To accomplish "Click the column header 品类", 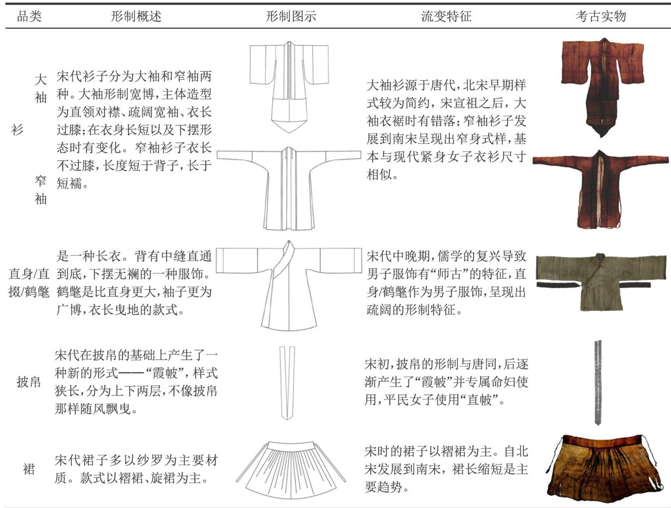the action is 29,16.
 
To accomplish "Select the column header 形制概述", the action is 136,16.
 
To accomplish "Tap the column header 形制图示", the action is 291,16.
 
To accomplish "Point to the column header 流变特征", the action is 446,16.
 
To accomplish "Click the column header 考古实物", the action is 601,16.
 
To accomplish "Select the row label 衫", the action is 17,129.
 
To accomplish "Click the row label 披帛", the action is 29,382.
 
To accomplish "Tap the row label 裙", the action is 29,469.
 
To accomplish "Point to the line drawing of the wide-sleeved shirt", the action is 289,87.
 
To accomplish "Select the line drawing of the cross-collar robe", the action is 289,285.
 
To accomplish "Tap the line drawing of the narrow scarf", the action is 287,383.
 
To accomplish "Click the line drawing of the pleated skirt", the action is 291,470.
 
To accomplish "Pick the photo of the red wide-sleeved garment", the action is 602,88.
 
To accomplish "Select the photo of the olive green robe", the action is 601,282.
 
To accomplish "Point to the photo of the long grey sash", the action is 598,382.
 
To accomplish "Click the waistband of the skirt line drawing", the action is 291,446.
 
